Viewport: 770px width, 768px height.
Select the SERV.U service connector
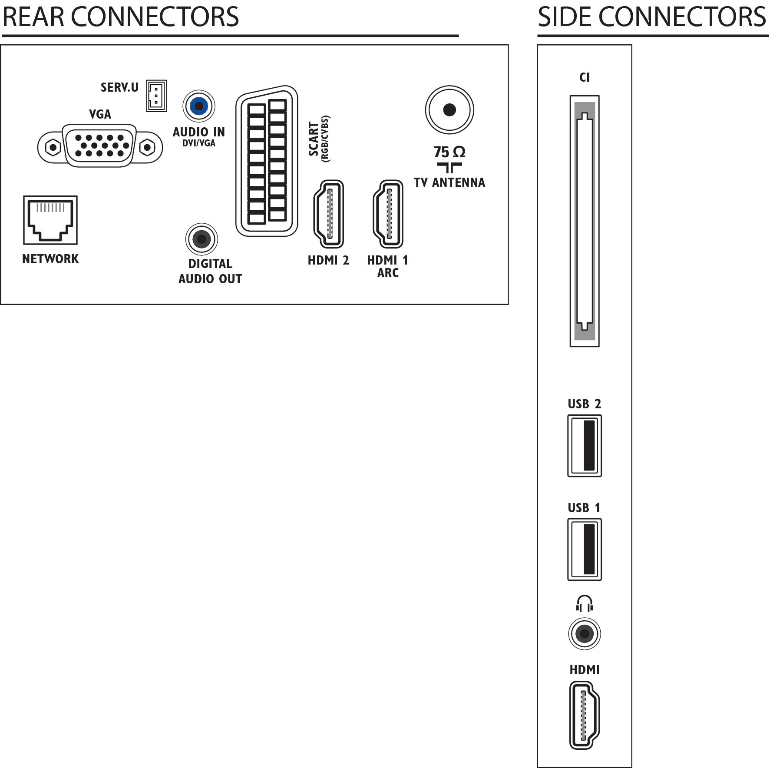[x=156, y=96]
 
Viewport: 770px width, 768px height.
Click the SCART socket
[x=267, y=161]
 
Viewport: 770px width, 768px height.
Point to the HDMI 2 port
[x=328, y=214]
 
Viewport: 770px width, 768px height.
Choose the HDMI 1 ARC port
[x=388, y=214]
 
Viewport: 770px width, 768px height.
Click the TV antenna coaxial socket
[x=449, y=109]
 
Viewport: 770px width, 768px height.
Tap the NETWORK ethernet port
[x=50, y=220]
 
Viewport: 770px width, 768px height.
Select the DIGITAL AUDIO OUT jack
[x=202, y=239]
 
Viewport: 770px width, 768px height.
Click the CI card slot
[x=585, y=221]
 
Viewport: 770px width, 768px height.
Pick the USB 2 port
[x=585, y=446]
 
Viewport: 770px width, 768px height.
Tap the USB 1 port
[x=585, y=550]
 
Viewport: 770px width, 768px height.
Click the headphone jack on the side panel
[x=585, y=634]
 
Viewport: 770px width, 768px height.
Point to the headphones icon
[x=585, y=604]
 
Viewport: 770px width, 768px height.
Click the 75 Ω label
[x=449, y=152]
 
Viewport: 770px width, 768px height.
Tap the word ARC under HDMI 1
[x=388, y=273]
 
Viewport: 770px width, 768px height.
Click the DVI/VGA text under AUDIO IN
[x=199, y=143]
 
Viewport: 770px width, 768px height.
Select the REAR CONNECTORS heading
[x=121, y=17]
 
